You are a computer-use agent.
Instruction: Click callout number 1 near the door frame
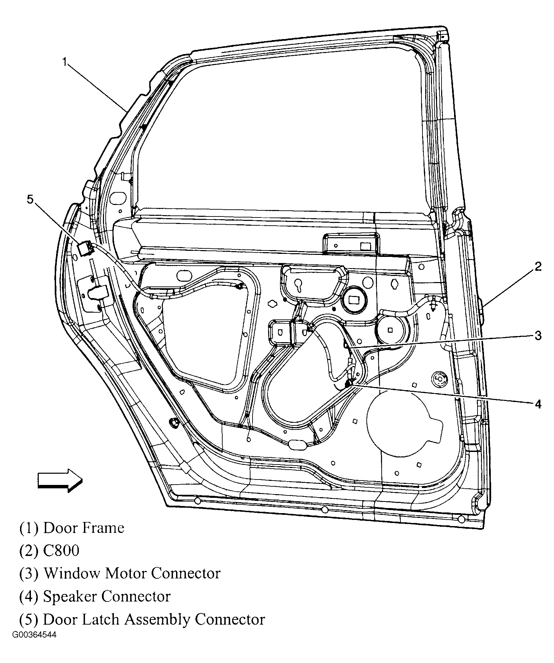click(64, 62)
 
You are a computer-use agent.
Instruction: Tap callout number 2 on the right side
click(538, 266)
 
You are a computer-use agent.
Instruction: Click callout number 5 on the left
click(30, 199)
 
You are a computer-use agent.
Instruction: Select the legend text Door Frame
click(84, 528)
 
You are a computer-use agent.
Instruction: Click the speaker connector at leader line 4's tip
click(348, 384)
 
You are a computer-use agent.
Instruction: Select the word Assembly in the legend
click(157, 619)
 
